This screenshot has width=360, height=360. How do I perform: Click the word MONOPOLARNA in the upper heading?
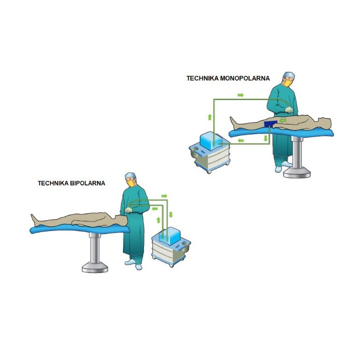click(244, 78)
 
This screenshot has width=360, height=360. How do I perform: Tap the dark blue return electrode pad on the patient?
click(270, 124)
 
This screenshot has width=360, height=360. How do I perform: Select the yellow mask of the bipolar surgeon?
click(131, 183)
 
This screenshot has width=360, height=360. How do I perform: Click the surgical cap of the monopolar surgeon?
click(289, 75)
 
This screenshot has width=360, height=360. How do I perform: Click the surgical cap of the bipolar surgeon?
click(130, 175)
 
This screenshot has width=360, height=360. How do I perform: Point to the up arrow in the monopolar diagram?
click(209, 117)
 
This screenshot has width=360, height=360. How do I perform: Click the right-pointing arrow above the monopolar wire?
click(240, 95)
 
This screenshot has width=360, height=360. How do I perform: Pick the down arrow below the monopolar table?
click(266, 138)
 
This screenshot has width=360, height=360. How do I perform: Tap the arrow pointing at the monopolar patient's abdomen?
click(283, 120)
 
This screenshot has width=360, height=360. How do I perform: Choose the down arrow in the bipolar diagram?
click(170, 214)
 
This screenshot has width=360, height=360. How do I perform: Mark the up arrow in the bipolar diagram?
click(158, 220)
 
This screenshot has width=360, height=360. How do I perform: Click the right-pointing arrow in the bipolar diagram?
click(164, 196)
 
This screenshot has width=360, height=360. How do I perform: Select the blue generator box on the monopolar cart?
click(211, 141)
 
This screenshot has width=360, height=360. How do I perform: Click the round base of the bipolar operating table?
click(95, 267)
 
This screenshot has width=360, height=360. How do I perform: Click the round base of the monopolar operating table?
click(297, 173)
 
